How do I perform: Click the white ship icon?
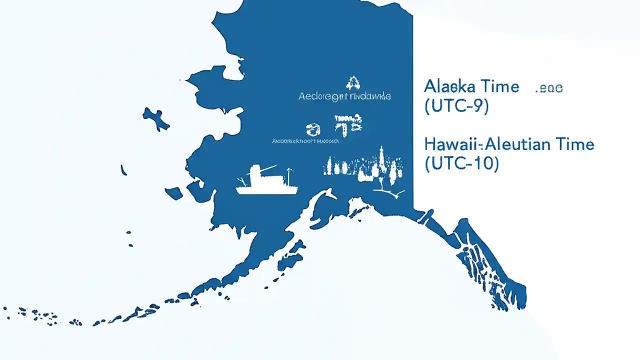(266, 182)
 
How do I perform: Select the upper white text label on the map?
(344, 96)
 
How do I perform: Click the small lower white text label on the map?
(305, 141)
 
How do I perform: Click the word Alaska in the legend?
(446, 86)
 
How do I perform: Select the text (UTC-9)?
(456, 106)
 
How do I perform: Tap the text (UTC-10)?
(461, 164)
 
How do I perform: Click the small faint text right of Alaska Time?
(549, 88)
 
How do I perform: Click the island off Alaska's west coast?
(155, 118)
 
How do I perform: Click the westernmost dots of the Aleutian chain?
(7, 310)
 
